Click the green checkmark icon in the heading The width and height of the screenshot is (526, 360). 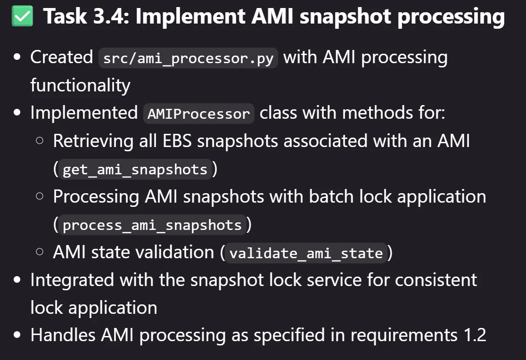[22, 16]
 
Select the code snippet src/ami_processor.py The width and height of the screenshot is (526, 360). [188, 58]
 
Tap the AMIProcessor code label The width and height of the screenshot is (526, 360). [198, 114]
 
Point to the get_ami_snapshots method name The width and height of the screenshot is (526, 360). [135, 170]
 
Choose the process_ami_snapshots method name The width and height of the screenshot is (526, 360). [152, 225]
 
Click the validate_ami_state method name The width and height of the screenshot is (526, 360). [306, 253]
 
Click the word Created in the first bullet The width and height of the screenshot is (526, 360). [62, 57]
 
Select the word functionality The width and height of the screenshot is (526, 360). [81, 85]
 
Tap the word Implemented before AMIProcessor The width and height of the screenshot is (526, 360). [84, 113]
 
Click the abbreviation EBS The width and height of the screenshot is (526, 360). [177, 141]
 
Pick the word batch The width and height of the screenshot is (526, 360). [331, 196]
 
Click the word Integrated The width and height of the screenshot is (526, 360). [72, 280]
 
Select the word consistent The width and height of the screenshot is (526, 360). [436, 280]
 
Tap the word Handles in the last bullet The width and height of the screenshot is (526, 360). [63, 335]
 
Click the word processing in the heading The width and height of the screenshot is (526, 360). [451, 17]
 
